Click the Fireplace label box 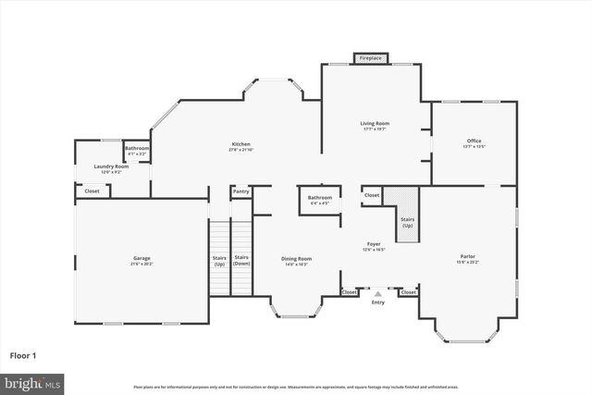[370, 58]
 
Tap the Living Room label [374, 125]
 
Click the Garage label [141, 260]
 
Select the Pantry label [241, 191]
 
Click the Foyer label [374, 245]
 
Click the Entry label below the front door [377, 302]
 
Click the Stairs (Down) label [241, 260]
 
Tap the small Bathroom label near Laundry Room [137, 150]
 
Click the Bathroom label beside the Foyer [320, 199]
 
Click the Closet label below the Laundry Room [92, 191]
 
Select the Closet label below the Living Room [372, 195]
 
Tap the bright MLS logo [32, 382]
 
